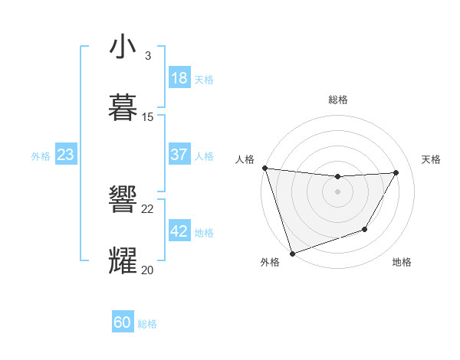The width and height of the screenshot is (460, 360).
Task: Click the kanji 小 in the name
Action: (x=123, y=47)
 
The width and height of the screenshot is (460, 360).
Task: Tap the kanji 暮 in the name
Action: (x=123, y=107)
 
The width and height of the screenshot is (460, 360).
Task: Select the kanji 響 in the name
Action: (x=123, y=200)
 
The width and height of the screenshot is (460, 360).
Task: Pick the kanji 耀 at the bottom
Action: (x=123, y=260)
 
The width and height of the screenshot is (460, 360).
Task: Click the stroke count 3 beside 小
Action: (x=148, y=56)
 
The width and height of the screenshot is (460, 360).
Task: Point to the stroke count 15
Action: (x=148, y=117)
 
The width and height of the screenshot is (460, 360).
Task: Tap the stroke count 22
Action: (x=148, y=208)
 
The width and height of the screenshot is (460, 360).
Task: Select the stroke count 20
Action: (x=148, y=270)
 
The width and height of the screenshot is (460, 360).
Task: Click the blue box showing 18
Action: (x=179, y=78)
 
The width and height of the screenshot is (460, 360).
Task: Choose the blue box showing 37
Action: (x=179, y=155)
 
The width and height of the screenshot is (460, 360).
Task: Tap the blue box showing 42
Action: (x=179, y=231)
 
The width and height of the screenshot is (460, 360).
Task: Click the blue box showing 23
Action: (x=65, y=155)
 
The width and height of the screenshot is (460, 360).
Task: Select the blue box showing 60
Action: (x=123, y=322)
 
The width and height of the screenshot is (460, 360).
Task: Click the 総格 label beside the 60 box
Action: (x=147, y=324)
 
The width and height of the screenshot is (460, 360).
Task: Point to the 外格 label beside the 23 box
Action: (x=41, y=156)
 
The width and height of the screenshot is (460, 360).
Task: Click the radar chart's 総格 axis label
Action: (x=338, y=100)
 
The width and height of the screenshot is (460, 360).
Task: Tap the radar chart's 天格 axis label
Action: (x=432, y=159)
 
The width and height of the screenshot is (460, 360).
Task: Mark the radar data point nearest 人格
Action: (x=264, y=168)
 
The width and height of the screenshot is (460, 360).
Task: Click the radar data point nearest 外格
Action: (x=292, y=253)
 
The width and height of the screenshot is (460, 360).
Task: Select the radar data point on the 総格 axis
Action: (x=338, y=177)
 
